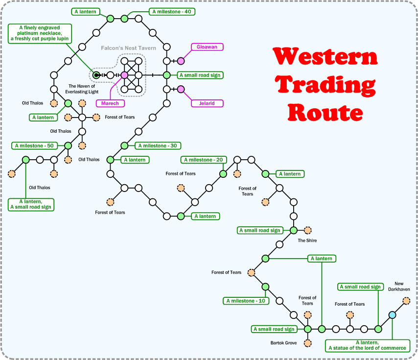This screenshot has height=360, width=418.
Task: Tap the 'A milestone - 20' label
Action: tap(204, 160)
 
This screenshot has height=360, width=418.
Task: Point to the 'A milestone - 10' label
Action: tap(246, 301)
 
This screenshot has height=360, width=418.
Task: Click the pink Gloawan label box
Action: tap(207, 47)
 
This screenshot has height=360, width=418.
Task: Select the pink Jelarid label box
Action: tap(207, 103)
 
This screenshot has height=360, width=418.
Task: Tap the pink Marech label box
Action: tap(110, 103)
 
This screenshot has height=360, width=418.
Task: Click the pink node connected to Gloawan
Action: tap(181, 61)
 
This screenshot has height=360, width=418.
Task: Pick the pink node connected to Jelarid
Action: tap(181, 89)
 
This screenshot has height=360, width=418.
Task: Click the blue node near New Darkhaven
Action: tap(392, 315)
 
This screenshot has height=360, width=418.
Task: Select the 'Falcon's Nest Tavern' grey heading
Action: tap(128, 48)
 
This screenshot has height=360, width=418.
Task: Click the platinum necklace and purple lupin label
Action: tap(40, 33)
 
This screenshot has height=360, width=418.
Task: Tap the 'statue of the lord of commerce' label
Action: tap(368, 345)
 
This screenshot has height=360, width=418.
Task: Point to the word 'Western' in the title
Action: tap(325, 57)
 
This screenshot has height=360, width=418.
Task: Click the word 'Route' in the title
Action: tap(325, 112)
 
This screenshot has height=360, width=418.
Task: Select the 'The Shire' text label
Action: tap(308, 240)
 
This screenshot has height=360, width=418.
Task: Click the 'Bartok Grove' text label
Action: tap(283, 343)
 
